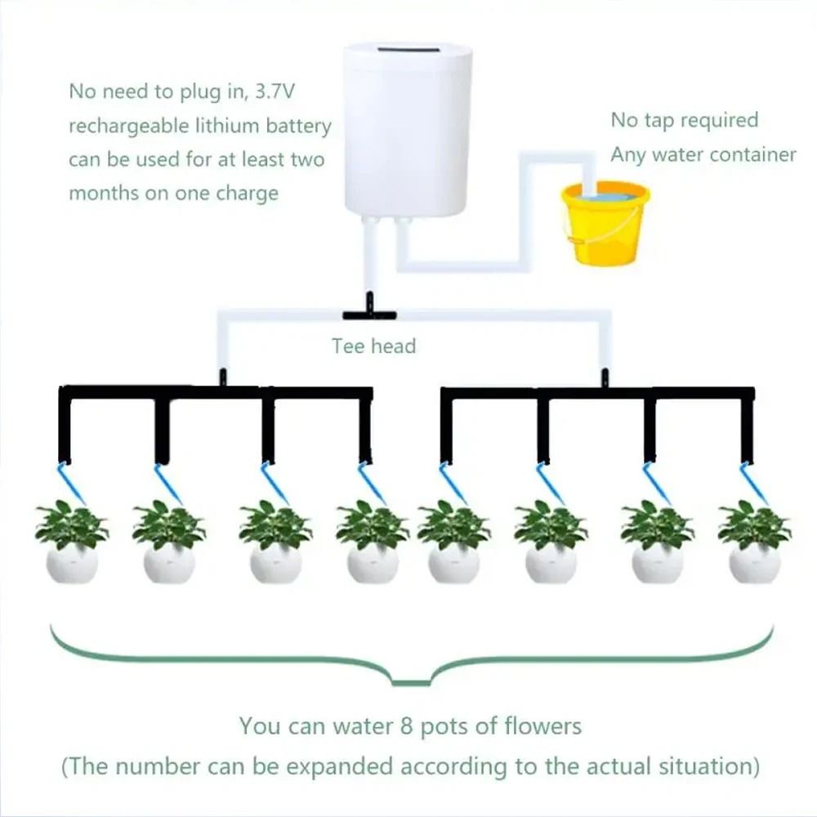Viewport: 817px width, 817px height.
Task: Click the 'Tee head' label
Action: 373,346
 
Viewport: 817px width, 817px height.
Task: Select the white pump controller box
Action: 407,131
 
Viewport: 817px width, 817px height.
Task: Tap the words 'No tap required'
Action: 685,120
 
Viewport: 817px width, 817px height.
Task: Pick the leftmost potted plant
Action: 72,543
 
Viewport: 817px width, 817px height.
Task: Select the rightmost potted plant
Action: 754,543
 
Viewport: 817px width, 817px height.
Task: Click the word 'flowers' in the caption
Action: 540,725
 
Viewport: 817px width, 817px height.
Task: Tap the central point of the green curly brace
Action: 408,681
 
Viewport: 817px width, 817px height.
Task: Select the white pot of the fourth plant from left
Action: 373,564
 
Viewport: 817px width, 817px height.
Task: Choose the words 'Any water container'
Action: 703,154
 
